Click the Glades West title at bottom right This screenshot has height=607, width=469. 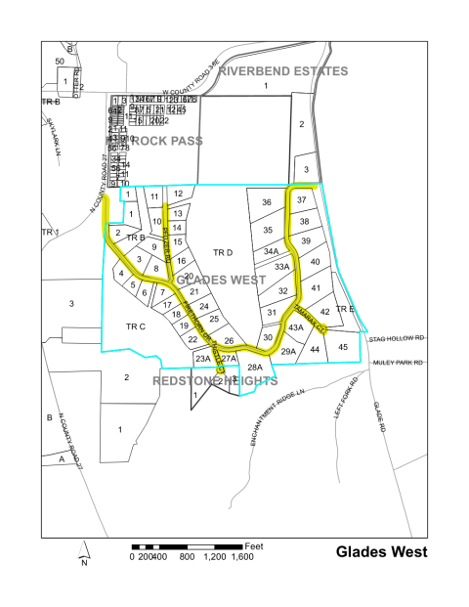click(x=381, y=551)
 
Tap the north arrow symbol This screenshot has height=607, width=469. click(x=85, y=553)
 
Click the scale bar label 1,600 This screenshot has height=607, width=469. click(x=243, y=556)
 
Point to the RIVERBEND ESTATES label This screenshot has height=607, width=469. click(x=283, y=71)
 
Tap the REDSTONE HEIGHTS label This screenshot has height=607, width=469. click(x=214, y=380)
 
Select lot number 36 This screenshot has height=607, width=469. click(x=266, y=202)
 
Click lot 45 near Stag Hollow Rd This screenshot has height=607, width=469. click(x=342, y=347)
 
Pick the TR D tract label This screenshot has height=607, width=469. click(x=224, y=252)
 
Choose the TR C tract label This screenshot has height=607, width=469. click(x=136, y=325)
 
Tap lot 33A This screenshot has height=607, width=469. click(x=282, y=266)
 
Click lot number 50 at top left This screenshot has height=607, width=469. click(x=59, y=62)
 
